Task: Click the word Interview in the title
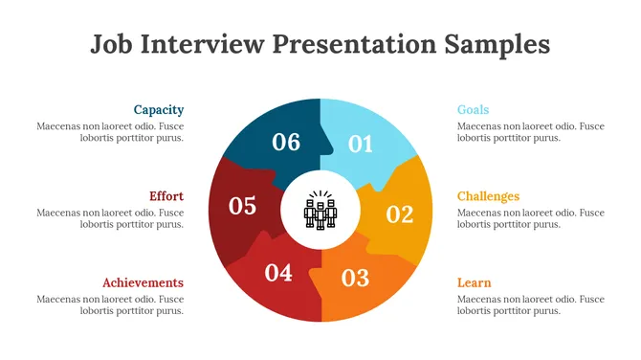click(203, 44)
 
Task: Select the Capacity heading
click(159, 110)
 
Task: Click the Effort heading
click(166, 196)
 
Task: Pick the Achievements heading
click(144, 282)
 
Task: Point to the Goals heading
click(473, 110)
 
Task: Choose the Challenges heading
click(488, 196)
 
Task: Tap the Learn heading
click(474, 282)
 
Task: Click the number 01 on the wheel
click(360, 145)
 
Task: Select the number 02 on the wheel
click(399, 214)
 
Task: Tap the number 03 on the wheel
click(355, 279)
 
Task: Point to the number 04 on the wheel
click(278, 273)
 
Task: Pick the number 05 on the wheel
click(243, 206)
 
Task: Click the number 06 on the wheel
click(286, 143)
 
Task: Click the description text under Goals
click(530, 132)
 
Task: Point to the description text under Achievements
click(110, 304)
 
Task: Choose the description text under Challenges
click(530, 218)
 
